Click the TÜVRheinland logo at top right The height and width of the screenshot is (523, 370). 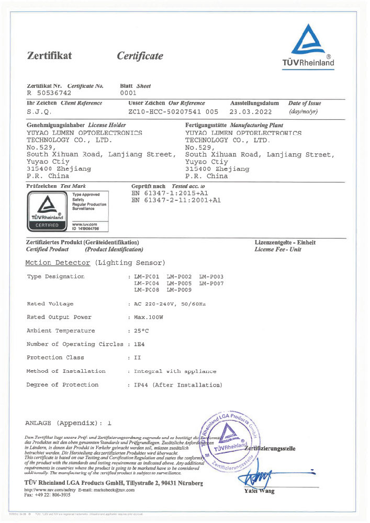308,47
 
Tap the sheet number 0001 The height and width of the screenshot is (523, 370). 128,92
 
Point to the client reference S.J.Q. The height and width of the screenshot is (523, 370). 39,112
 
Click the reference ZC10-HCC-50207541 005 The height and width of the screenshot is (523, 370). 173,112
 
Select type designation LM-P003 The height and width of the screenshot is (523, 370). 211,277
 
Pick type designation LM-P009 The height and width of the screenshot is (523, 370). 179,289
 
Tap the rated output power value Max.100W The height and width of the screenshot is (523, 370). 149,317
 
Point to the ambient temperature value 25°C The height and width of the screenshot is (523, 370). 141,331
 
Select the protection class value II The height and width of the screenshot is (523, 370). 137,358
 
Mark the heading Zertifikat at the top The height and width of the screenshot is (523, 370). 49,56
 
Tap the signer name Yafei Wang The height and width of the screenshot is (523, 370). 259,491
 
